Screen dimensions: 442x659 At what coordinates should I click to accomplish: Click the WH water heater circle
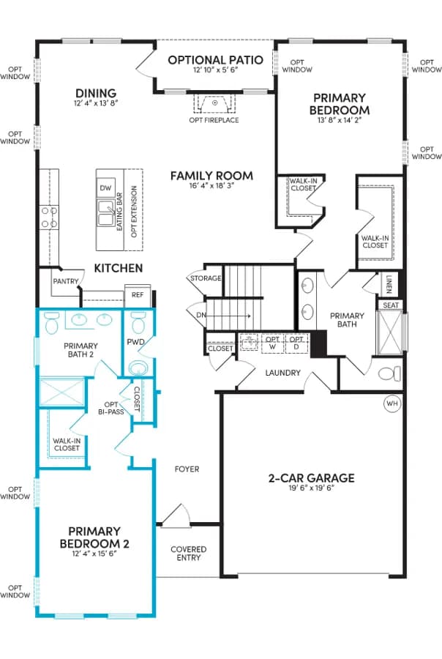click(392, 403)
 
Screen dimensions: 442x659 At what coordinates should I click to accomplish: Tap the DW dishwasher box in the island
click(106, 188)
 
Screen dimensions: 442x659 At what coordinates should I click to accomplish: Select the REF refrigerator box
click(138, 295)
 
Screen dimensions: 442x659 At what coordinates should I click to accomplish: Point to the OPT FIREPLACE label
click(214, 120)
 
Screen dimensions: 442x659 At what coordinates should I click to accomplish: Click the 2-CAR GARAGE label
click(311, 478)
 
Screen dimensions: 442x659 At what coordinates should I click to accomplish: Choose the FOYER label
click(187, 469)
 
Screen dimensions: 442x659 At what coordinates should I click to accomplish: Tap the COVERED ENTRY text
click(189, 554)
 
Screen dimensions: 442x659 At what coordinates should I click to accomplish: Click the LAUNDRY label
click(282, 373)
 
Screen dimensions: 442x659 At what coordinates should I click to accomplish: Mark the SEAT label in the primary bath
click(391, 305)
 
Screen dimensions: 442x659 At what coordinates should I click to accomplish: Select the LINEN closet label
click(389, 284)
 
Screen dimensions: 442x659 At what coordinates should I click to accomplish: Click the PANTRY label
click(66, 281)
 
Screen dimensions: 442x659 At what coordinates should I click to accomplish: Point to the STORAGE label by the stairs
click(206, 278)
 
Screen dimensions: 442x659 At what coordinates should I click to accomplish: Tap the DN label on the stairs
click(201, 315)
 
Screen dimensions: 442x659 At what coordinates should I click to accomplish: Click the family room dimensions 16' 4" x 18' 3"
click(211, 185)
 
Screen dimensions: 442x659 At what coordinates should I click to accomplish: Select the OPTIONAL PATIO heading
click(216, 60)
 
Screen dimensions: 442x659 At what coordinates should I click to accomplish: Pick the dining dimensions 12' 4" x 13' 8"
click(96, 103)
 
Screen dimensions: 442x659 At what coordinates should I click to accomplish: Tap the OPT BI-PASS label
click(111, 408)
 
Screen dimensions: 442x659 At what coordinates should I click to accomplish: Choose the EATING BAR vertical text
click(119, 212)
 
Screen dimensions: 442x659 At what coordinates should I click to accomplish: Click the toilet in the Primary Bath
click(389, 373)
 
